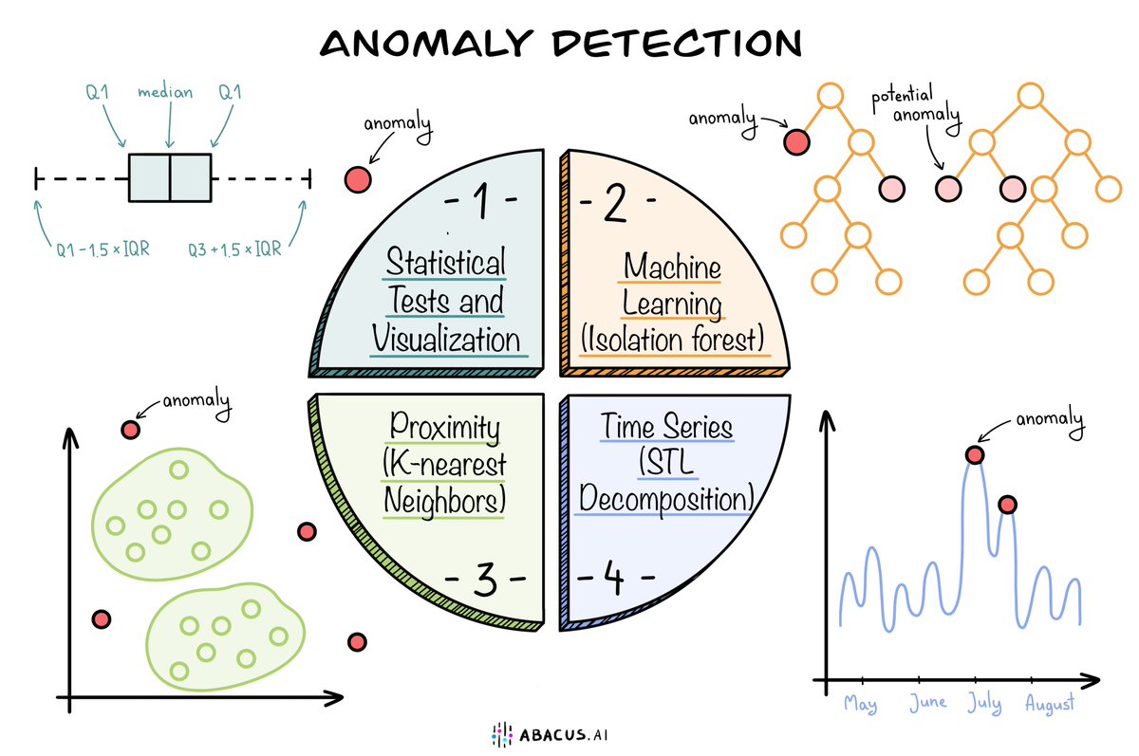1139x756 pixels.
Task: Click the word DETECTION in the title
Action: click(x=680, y=43)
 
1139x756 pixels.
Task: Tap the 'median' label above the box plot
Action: click(x=165, y=92)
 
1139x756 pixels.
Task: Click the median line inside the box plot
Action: click(x=169, y=177)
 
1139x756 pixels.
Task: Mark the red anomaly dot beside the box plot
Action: click(x=357, y=178)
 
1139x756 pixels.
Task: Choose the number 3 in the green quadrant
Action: click(x=483, y=580)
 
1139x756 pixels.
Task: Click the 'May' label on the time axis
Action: click(x=860, y=705)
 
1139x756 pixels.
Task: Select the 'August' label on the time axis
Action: click(x=1050, y=705)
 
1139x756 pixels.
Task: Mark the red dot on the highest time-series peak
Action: click(x=974, y=454)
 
